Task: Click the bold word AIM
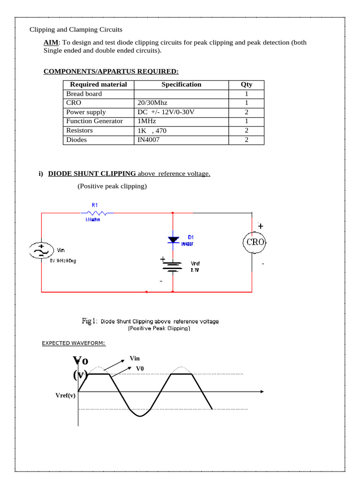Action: [x=51, y=42]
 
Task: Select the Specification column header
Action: [x=181, y=85]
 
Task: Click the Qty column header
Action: [x=246, y=85]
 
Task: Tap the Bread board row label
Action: [x=84, y=94]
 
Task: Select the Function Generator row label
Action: [x=94, y=121]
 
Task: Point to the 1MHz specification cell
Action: [x=147, y=121]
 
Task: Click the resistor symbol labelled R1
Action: [x=94, y=213]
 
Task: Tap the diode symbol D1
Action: [x=173, y=240]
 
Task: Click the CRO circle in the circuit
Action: [x=255, y=242]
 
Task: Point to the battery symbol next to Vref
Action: [x=173, y=266]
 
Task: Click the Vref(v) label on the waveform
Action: [x=65, y=395]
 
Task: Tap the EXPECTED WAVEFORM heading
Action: [x=74, y=344]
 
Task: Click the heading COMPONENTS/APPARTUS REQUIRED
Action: [x=111, y=71]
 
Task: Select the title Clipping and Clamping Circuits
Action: [x=76, y=30]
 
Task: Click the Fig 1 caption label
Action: [x=90, y=321]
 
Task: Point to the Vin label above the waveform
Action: [x=135, y=359]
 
